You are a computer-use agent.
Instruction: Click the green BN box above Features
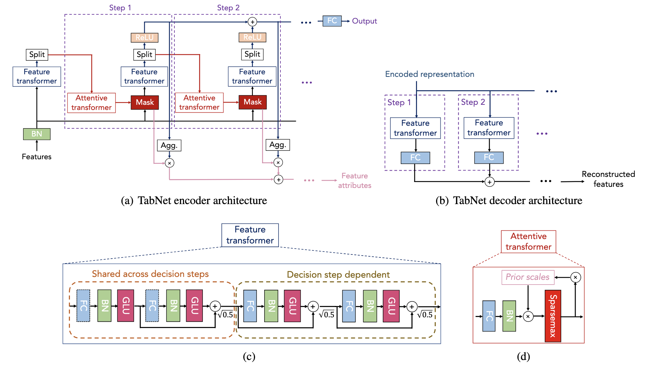(x=36, y=134)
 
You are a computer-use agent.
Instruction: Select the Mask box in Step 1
(x=145, y=102)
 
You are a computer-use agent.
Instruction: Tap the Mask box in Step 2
(x=252, y=102)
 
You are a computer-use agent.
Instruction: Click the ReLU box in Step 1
(x=144, y=38)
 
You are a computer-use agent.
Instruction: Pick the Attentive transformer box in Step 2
(x=199, y=102)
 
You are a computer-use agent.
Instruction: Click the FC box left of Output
(x=332, y=21)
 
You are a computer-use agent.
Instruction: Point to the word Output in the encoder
(x=364, y=21)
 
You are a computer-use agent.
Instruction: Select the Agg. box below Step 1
(x=169, y=145)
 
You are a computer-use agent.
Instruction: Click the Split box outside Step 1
(x=37, y=54)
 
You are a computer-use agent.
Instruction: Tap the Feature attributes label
(x=354, y=181)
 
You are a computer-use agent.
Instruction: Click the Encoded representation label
(x=429, y=74)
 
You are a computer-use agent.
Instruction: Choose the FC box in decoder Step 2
(x=489, y=157)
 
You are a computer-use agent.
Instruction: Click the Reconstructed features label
(x=608, y=179)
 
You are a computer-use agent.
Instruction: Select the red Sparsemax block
(x=553, y=316)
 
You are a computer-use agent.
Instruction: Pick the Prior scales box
(x=527, y=277)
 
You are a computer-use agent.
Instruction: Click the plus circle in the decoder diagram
(x=489, y=182)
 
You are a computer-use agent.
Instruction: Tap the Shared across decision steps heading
(x=150, y=274)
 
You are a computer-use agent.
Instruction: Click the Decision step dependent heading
(x=338, y=275)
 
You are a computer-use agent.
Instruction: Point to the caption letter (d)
(x=523, y=356)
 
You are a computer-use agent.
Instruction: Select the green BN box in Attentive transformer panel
(x=509, y=316)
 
